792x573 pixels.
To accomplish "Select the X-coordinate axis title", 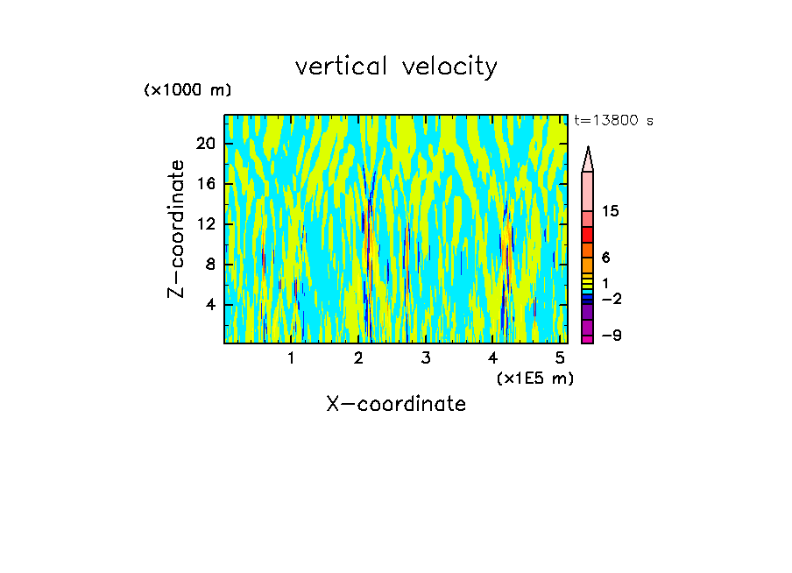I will pyautogui.click(x=396, y=404).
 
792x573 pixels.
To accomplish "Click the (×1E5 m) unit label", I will pyautogui.click(x=534, y=378).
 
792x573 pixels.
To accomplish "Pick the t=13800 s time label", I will pyautogui.click(x=613, y=121).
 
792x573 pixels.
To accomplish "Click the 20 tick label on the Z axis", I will pyautogui.click(x=205, y=144).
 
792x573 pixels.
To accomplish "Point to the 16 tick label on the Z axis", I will pyautogui.click(x=205, y=184).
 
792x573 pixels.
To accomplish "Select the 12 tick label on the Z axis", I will pyautogui.click(x=205, y=224).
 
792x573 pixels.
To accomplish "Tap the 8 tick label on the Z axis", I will pyautogui.click(x=209, y=265).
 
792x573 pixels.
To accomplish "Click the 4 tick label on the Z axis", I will pyautogui.click(x=209, y=305).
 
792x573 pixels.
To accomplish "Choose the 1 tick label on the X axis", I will pyautogui.click(x=291, y=357).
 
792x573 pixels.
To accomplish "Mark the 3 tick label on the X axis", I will pyautogui.click(x=426, y=357).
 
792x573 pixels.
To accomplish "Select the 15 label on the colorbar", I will pyautogui.click(x=611, y=211).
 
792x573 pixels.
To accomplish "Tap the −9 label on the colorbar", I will pyautogui.click(x=611, y=336).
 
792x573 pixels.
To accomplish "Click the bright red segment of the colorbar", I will pyautogui.click(x=588, y=235).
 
